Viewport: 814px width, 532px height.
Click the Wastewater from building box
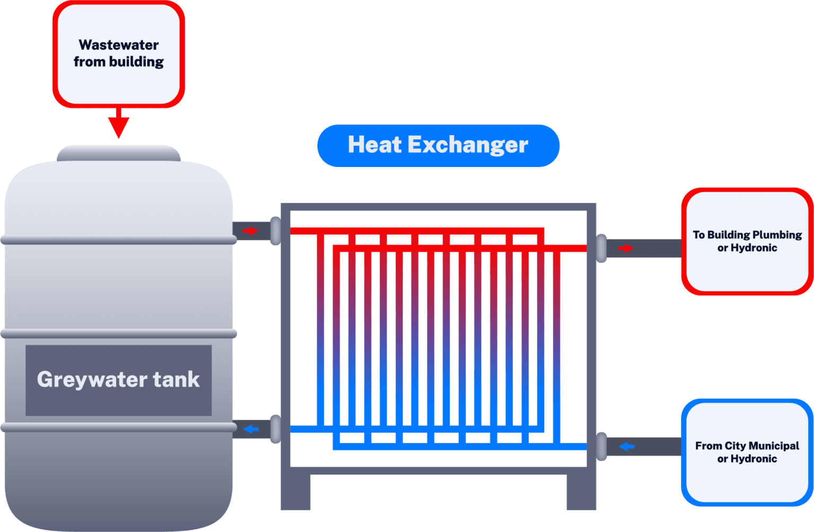coord(119,54)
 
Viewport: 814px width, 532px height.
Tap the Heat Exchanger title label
coord(438,145)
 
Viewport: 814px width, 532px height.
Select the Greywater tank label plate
coord(119,380)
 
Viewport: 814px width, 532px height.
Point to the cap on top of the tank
coord(119,153)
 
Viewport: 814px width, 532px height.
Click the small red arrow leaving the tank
coord(250,231)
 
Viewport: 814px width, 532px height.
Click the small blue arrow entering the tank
coord(251,429)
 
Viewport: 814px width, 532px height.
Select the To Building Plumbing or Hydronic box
coord(747,241)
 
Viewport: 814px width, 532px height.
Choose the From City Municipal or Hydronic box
coord(747,452)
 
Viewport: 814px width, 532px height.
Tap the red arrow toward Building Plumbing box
coord(626,248)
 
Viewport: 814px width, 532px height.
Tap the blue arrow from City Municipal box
coord(627,447)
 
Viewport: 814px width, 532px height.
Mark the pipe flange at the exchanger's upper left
coord(276,231)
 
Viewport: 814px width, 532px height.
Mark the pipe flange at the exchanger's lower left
coord(276,429)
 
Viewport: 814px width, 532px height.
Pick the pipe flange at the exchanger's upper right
coord(601,248)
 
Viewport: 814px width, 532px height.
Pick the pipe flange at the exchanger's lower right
coord(601,447)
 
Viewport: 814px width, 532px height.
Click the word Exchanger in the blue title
coord(468,145)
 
